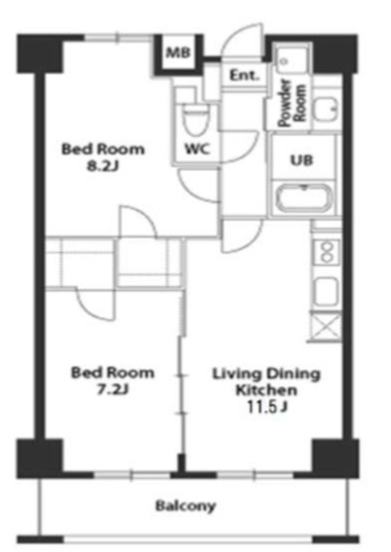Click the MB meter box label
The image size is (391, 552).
(178, 53)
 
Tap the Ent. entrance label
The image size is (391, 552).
(244, 75)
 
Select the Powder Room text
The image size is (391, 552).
(292, 103)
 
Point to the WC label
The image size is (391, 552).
(198, 149)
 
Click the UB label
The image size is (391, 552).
(301, 160)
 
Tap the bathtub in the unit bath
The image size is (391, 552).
(305, 198)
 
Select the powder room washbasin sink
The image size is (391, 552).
(326, 110)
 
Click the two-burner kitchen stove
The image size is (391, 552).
(327, 252)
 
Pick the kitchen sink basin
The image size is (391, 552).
(326, 291)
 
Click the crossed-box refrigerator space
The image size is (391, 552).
(326, 326)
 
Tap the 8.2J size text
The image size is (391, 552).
(103, 166)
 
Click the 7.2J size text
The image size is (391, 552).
(113, 389)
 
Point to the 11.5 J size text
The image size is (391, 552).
(267, 406)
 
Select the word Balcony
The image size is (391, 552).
(186, 506)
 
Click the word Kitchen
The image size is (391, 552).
(267, 390)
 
